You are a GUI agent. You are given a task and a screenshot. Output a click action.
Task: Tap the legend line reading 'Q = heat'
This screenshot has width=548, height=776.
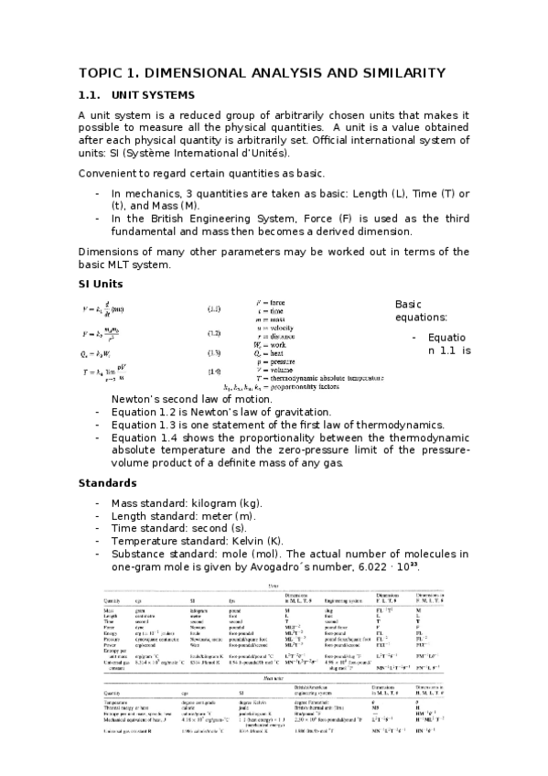274,352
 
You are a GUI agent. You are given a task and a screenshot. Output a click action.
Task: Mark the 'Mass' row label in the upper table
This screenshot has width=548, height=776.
108,609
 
